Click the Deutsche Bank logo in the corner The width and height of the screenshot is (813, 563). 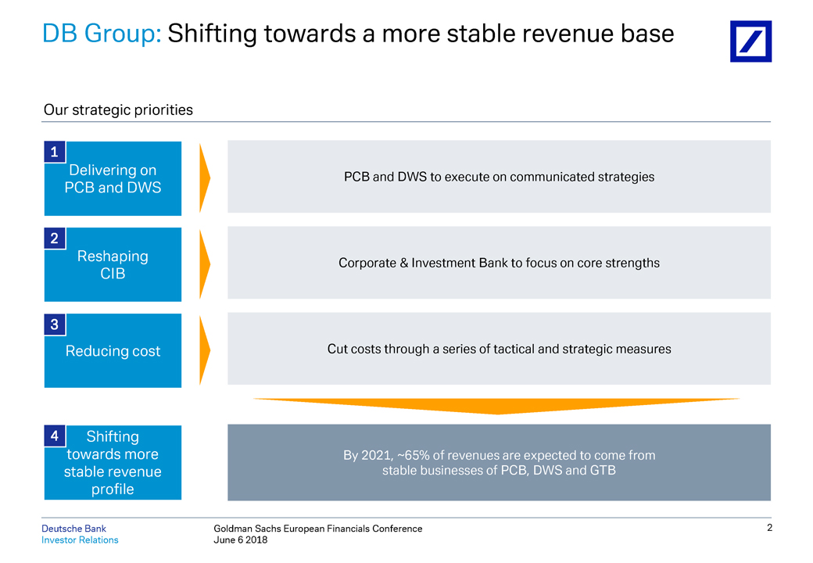pos(750,41)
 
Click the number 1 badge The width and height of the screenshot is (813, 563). pos(54,152)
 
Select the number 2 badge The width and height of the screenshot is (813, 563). pos(54,238)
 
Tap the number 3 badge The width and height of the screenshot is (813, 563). pos(54,325)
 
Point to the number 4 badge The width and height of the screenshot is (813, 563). pos(54,436)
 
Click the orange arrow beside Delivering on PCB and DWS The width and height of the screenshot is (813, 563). pos(205,178)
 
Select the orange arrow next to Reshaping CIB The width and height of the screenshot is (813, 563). pos(205,264)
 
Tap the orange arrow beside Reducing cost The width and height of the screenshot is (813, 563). pos(205,350)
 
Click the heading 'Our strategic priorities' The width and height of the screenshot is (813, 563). pos(118,110)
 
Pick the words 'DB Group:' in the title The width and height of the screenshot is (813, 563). pos(102,34)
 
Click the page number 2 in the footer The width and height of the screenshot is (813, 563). pos(769,529)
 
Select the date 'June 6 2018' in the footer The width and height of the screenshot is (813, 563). pos(241,540)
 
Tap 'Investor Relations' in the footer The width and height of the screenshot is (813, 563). pos(80,540)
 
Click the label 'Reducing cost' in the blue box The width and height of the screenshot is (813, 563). pos(113,351)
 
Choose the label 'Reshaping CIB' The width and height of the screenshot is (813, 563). pos(113,264)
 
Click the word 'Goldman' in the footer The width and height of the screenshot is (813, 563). pos(234,529)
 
